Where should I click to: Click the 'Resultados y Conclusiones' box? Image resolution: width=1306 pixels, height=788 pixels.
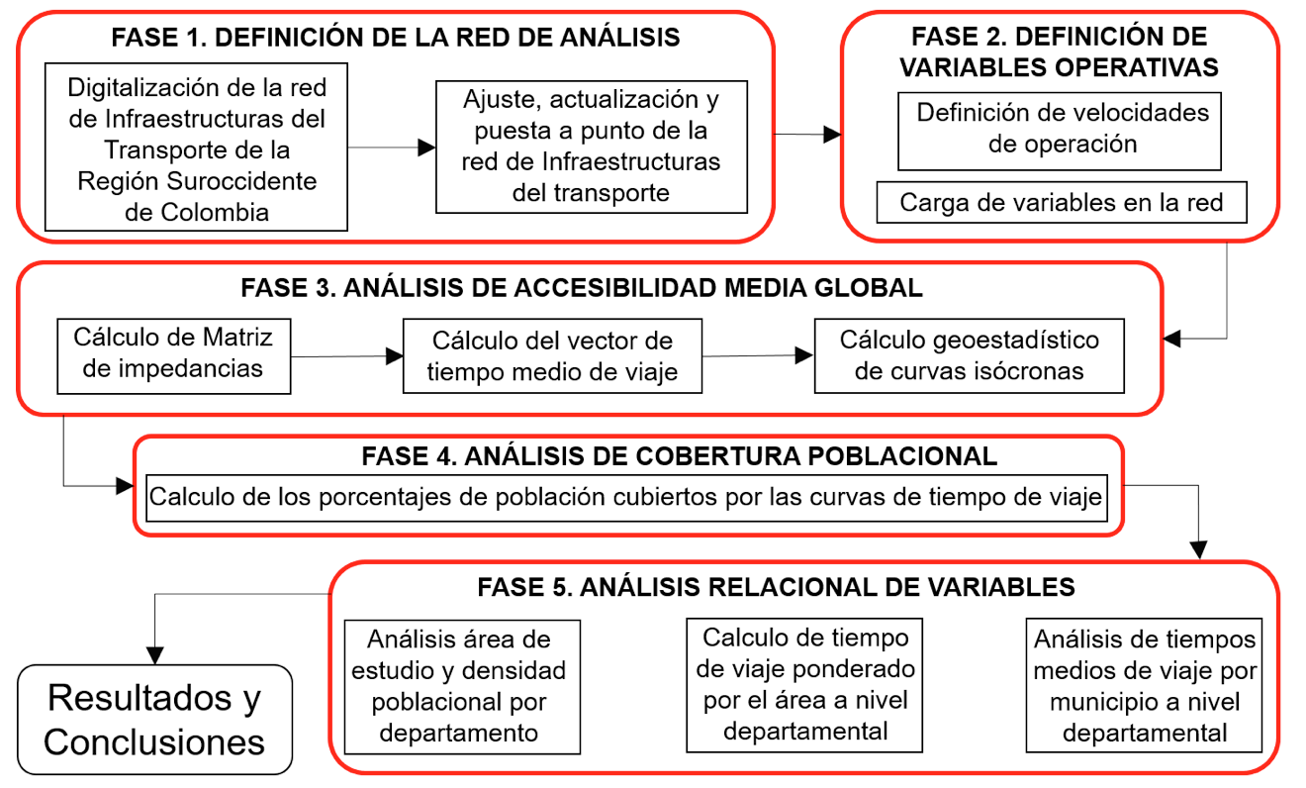coord(154,719)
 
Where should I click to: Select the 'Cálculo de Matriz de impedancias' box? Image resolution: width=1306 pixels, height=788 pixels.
coord(174,355)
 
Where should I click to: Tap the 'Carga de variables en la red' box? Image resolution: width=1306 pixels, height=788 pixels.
coord(1062,202)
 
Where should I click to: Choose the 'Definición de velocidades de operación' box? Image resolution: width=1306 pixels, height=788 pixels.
coord(1060,132)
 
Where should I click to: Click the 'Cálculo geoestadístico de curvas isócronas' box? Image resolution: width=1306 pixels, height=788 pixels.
coord(969,355)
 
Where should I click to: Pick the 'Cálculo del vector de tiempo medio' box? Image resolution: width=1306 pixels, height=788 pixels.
coord(552,355)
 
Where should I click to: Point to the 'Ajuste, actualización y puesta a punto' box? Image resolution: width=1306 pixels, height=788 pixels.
coord(592,147)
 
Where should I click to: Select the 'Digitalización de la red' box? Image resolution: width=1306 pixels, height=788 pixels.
coord(197,147)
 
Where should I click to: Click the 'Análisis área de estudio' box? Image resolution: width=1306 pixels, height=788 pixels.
coord(462,687)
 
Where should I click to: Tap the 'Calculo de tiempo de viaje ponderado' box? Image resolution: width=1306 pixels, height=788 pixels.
coord(804,685)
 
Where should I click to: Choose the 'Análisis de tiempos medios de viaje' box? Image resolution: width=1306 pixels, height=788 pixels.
coord(1144,685)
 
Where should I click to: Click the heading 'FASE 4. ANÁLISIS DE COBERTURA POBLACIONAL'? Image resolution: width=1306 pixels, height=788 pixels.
coord(680,456)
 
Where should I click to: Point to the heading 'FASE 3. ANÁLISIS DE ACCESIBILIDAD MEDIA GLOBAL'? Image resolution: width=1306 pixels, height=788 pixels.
coord(582,288)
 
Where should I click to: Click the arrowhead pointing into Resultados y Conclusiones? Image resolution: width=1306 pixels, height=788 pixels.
coord(155,655)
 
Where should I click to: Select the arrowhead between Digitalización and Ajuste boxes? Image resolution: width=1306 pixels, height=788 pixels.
coord(426,148)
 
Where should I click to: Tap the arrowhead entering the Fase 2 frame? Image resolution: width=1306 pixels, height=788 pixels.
coord(832,135)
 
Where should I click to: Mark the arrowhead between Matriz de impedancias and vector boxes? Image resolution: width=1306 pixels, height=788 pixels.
coord(394,355)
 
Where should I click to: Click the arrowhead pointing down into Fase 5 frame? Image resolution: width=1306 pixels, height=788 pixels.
coord(1199,550)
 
